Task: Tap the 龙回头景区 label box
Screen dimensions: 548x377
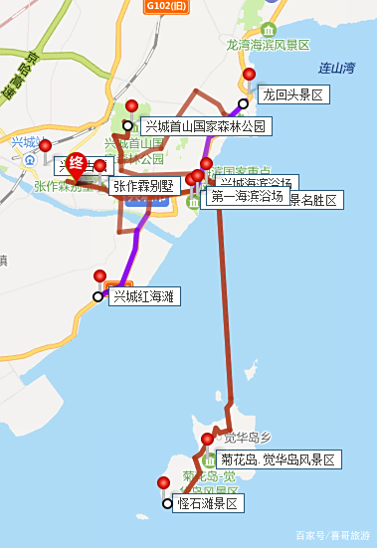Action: pos(292,95)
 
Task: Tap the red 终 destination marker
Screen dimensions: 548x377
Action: pos(77,165)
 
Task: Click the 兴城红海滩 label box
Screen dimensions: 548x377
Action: pos(143,296)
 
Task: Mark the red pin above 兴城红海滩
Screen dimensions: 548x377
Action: pos(99,276)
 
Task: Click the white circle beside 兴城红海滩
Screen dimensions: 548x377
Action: pos(97,296)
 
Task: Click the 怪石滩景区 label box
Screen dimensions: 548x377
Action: pos(208,504)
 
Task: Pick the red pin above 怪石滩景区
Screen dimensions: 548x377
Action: pos(164,483)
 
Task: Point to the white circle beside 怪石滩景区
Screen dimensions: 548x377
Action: pos(167,504)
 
